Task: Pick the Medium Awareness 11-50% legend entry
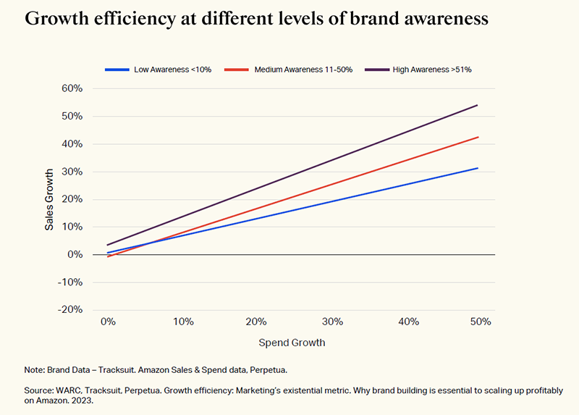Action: coord(289,70)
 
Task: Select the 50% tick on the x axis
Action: coord(478,322)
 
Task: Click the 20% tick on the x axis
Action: coord(258,322)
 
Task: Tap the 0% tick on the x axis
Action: coord(108,322)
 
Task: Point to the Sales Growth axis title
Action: coord(49,200)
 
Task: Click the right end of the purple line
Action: coord(478,105)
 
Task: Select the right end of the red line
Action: coord(478,137)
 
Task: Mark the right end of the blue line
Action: coord(478,168)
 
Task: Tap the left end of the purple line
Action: coord(107,245)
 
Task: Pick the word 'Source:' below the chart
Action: coord(41,391)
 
